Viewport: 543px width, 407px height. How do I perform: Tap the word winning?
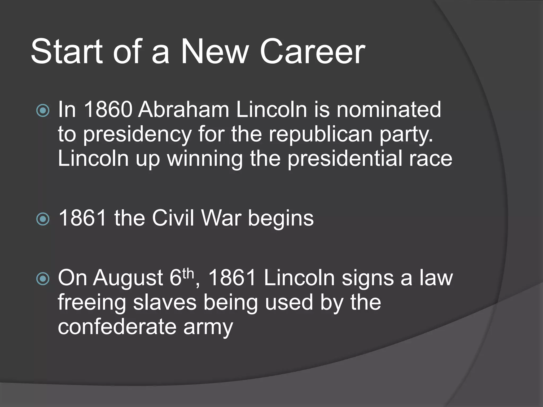[x=205, y=159]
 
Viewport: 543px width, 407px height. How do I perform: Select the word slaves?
[x=164, y=303]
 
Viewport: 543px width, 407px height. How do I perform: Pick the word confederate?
[x=117, y=327]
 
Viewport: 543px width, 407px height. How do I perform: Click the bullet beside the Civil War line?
[x=43, y=219]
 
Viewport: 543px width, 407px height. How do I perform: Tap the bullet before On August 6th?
[x=43, y=278]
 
